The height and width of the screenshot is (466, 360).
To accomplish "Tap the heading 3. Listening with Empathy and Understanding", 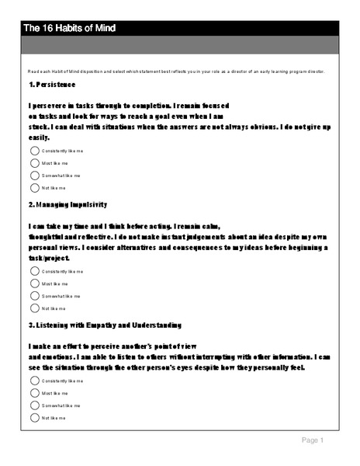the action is coord(104,324).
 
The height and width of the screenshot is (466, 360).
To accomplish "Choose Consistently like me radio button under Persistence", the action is coord(34,151).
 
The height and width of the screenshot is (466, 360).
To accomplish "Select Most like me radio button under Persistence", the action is coord(34,163).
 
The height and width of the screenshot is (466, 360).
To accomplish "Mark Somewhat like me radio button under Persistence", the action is coord(34,176).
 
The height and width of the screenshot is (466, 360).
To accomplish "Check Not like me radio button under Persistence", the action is coord(34,187).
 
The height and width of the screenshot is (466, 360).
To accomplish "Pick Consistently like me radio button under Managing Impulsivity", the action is coord(34,271).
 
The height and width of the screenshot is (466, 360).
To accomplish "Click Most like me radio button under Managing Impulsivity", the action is coord(34,283).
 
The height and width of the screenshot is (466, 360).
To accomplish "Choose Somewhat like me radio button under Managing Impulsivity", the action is coord(34,295).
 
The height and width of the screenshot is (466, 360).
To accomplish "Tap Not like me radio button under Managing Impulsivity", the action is coord(34,308).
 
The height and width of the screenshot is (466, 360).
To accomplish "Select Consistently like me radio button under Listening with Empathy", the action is coord(34,381).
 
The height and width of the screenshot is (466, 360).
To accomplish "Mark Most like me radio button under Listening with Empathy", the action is coord(34,393).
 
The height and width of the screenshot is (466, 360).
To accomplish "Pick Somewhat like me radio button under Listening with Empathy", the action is coord(34,405).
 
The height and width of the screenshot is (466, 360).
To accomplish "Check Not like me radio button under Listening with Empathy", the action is coord(34,417).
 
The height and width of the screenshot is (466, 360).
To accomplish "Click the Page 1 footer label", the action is coord(312,440).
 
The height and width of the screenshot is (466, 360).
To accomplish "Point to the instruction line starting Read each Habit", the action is coord(175,71).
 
